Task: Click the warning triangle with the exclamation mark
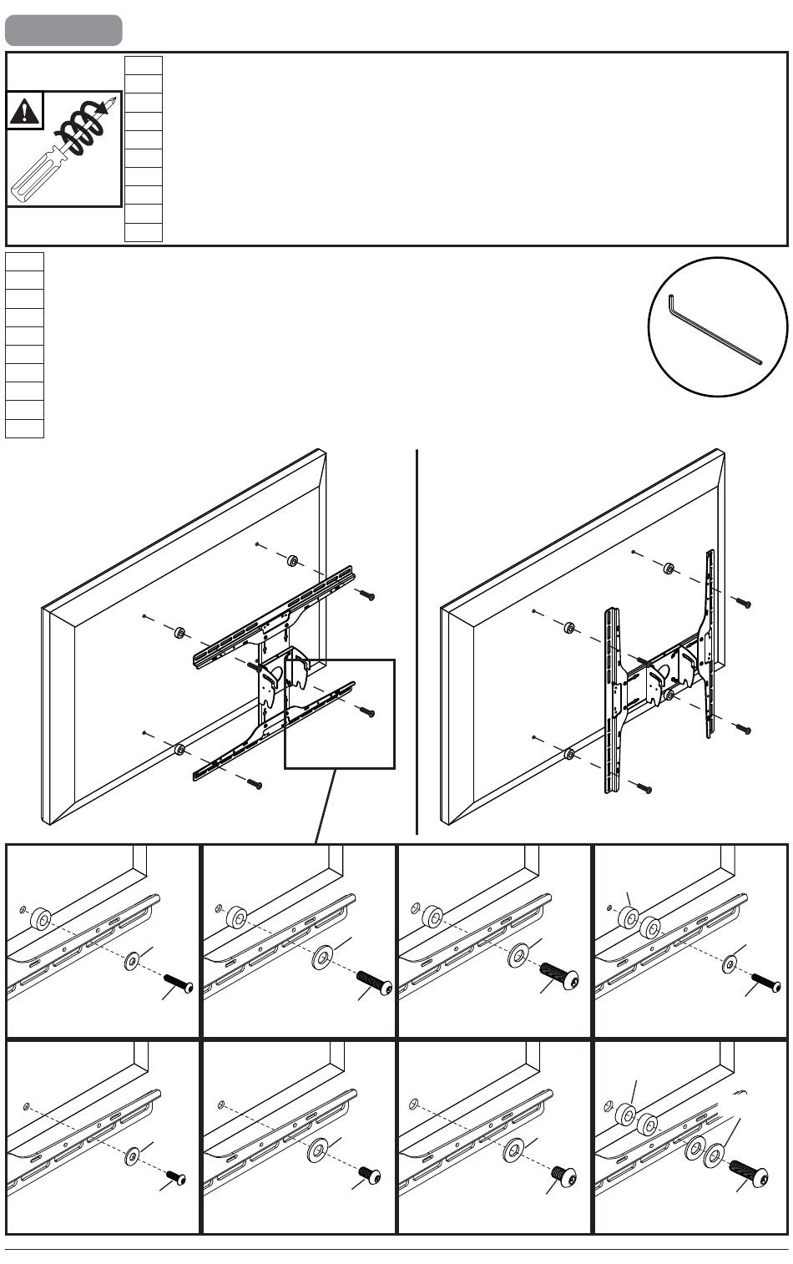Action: coord(24,112)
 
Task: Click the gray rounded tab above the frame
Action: coord(63,31)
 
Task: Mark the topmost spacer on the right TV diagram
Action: coord(669,569)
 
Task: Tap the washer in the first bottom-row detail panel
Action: coord(132,1158)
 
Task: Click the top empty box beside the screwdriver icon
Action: coord(143,65)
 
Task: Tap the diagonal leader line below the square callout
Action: coord(326,806)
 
